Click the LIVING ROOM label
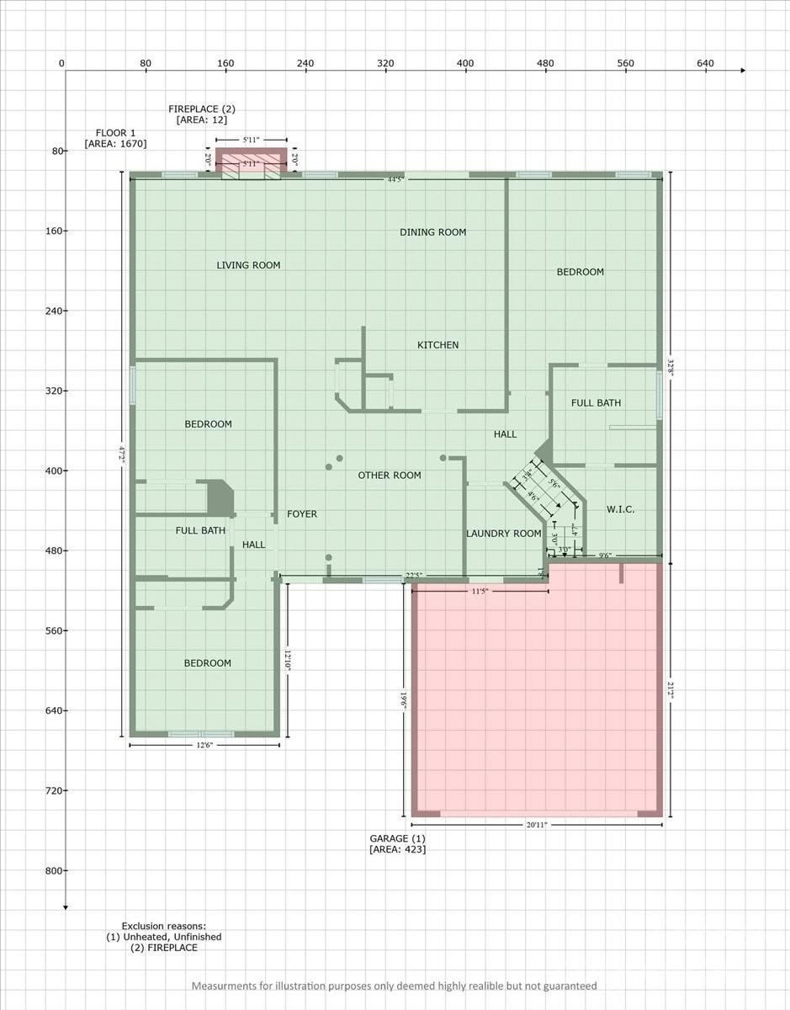(x=248, y=265)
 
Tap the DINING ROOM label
(x=432, y=232)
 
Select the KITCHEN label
(x=438, y=345)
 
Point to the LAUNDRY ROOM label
(x=503, y=534)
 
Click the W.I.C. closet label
(x=620, y=509)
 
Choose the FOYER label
(x=302, y=514)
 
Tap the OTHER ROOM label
(x=390, y=476)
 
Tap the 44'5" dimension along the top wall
(x=395, y=179)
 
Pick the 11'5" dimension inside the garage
(x=480, y=591)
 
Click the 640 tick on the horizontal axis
(x=705, y=64)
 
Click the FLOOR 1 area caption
(x=115, y=138)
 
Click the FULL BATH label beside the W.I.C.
(x=596, y=403)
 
